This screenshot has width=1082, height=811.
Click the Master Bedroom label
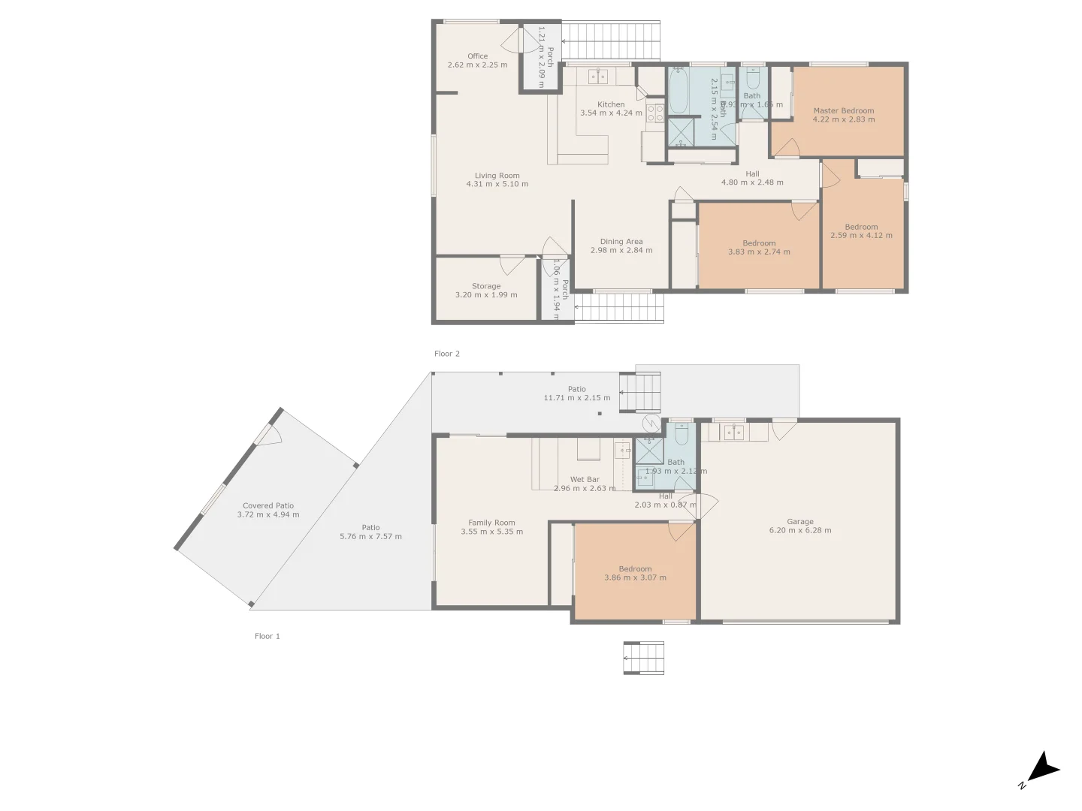[843, 110]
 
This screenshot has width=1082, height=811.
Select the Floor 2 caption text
[447, 354]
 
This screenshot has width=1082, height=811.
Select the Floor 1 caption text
[267, 636]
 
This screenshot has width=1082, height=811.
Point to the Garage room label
[800, 521]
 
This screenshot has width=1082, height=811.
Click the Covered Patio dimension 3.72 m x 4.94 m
[268, 514]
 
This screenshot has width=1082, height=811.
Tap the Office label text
[477, 56]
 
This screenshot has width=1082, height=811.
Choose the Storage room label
[486, 286]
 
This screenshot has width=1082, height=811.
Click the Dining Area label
[621, 242]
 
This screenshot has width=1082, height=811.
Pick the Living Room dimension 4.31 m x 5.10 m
[497, 184]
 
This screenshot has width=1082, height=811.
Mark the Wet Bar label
[585, 479]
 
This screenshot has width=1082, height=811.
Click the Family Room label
[491, 523]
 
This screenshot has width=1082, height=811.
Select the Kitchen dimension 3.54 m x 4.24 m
[611, 113]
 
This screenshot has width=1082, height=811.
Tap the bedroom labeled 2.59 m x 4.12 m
[861, 231]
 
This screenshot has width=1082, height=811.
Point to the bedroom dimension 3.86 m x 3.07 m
[635, 577]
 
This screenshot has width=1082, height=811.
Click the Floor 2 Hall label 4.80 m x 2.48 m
[752, 178]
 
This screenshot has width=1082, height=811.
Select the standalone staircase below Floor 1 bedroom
[644, 658]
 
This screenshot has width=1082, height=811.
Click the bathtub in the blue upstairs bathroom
[679, 90]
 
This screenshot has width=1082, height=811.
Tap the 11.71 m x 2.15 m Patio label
[577, 393]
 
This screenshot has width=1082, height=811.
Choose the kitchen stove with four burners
[655, 113]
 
